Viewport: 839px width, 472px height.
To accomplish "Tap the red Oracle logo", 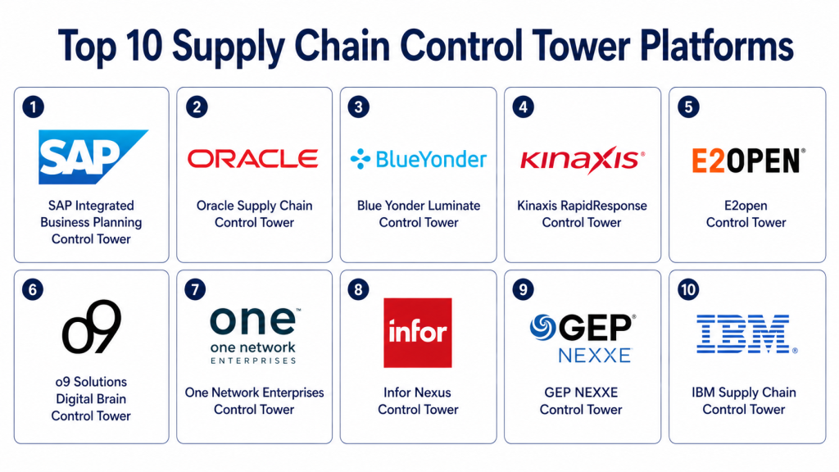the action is pyautogui.click(x=253, y=159).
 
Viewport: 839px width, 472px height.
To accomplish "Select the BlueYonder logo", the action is pyautogui.click(x=419, y=159).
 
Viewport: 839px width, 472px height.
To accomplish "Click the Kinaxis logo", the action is pyautogui.click(x=583, y=160).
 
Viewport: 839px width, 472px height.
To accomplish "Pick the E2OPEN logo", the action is pyautogui.click(x=748, y=161).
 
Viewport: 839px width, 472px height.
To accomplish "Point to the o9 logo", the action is pyautogui.click(x=92, y=326).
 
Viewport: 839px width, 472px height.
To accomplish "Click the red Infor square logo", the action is pyautogui.click(x=417, y=333).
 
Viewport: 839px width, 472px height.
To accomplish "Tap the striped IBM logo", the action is pyautogui.click(x=746, y=334).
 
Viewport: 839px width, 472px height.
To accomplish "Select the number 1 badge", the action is pyautogui.click(x=33, y=107).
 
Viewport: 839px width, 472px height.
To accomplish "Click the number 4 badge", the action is pyautogui.click(x=524, y=107).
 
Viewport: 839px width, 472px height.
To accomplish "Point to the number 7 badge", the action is pyautogui.click(x=195, y=290).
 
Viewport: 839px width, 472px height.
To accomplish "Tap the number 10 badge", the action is pyautogui.click(x=688, y=290).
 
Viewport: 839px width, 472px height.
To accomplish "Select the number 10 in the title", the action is pyautogui.click(x=144, y=46).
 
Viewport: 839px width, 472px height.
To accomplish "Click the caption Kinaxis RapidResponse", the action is pyautogui.click(x=582, y=206).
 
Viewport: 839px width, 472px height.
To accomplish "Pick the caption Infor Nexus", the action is pyautogui.click(x=417, y=393).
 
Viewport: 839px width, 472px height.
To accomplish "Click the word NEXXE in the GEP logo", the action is pyautogui.click(x=595, y=356).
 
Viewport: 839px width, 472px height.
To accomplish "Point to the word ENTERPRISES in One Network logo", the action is pyautogui.click(x=253, y=361).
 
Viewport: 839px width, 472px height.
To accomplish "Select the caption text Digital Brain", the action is pyautogui.click(x=91, y=399).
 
